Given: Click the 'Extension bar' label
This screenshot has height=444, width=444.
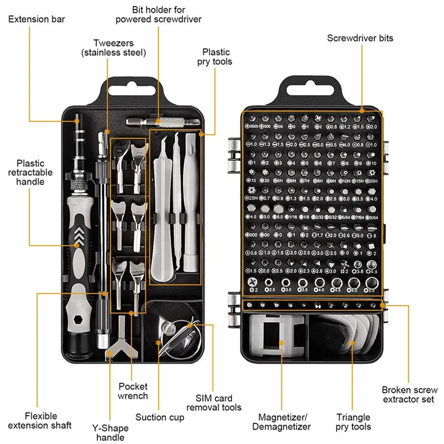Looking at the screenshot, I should point(37,19).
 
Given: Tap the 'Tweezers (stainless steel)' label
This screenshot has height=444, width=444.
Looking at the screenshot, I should point(113,48).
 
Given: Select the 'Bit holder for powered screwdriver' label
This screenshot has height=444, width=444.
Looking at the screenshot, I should point(158,14).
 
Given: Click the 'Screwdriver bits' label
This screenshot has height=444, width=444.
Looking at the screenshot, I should point(360,38).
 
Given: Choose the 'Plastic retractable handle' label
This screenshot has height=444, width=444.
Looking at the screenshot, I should point(34,173).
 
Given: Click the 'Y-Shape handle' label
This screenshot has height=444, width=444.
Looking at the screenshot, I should point(110,432).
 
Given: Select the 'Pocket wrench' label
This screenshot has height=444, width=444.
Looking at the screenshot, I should point(133,391).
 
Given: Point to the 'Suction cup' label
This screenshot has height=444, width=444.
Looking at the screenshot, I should point(160,417).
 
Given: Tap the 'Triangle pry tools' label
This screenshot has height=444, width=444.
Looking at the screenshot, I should point(354,421).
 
